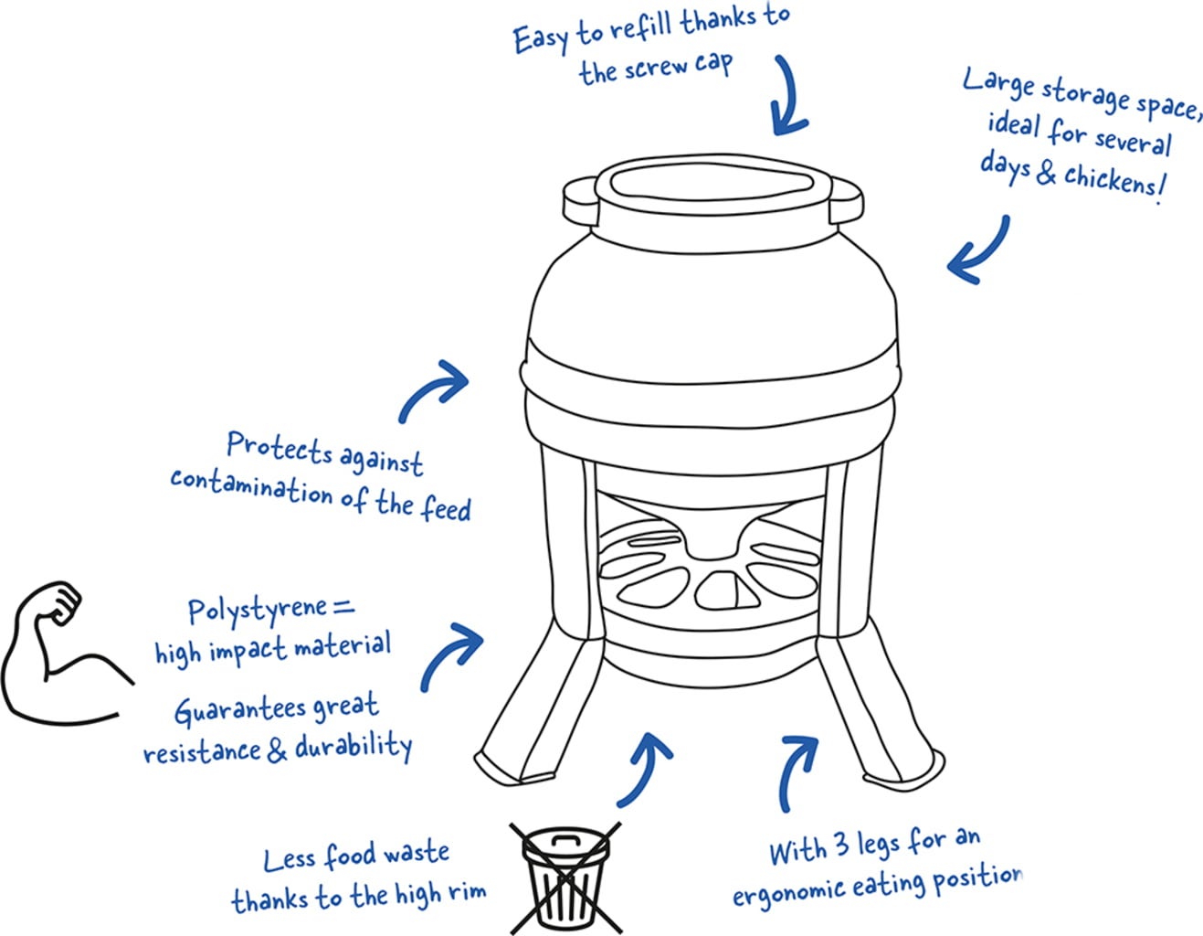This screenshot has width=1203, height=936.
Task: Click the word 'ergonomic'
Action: [x=788, y=889]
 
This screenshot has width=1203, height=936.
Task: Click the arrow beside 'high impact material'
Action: [x=451, y=654]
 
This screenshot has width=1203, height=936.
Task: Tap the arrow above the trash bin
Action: [x=646, y=768]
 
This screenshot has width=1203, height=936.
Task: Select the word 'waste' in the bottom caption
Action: [x=417, y=854]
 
